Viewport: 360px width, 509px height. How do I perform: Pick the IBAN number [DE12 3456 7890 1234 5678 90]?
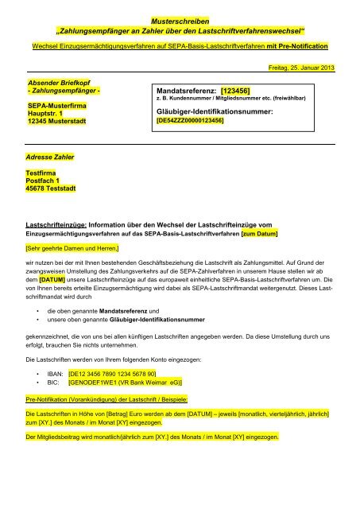click(x=111, y=372)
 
